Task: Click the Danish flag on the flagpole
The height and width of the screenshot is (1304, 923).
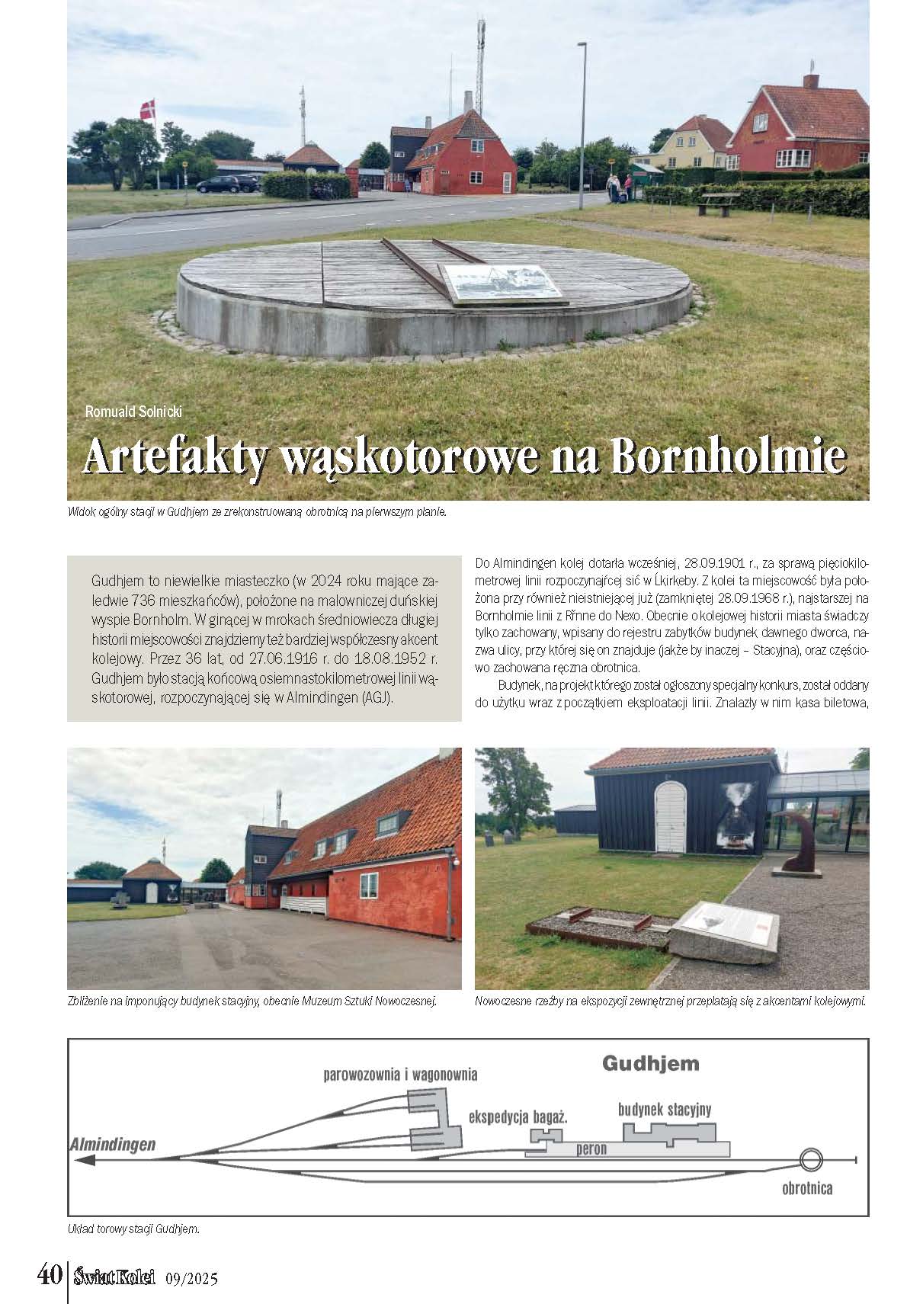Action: [147, 109]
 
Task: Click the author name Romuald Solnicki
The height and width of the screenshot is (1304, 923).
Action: [134, 412]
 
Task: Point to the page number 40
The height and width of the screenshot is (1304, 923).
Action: [50, 1274]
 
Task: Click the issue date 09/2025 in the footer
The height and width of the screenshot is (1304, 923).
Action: [191, 1278]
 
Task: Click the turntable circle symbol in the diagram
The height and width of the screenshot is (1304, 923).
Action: [811, 1160]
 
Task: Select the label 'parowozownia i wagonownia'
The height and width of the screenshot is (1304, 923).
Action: [400, 1075]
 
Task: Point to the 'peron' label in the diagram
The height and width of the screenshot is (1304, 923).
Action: [591, 1149]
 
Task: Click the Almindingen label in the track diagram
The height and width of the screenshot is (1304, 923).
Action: [113, 1144]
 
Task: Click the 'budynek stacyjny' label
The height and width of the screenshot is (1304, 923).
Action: [665, 1110]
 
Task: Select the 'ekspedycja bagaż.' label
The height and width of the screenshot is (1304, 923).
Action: [518, 1117]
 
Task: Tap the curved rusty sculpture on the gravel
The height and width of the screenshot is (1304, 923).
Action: [793, 839]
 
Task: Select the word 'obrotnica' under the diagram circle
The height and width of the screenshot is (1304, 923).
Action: [807, 1187]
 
